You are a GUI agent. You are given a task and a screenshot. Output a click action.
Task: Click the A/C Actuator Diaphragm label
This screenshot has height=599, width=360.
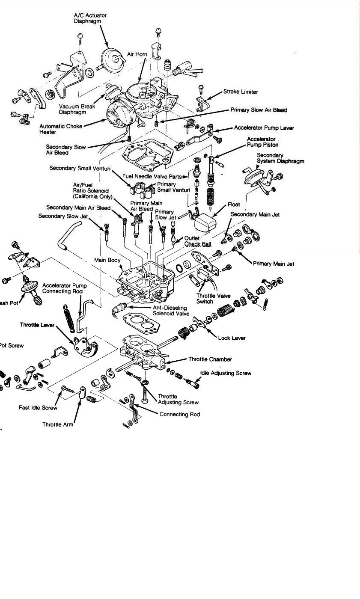90,18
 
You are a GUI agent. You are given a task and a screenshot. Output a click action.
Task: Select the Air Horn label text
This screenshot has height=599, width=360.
137,54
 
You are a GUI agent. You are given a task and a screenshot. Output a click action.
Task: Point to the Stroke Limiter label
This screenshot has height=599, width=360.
241,92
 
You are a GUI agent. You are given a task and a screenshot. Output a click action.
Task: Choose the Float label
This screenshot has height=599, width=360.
234,205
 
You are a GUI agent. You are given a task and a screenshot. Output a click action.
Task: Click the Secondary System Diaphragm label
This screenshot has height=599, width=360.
280,158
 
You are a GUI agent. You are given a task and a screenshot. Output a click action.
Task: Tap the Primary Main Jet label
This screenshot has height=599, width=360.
274,264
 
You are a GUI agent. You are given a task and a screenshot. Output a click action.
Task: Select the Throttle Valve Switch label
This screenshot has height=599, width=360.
213,298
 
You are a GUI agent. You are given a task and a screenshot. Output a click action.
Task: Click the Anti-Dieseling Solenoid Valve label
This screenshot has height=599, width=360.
170,311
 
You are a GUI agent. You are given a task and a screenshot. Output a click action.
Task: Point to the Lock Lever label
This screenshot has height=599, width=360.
232,338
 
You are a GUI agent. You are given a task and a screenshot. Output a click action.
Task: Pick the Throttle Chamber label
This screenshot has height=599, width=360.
210,359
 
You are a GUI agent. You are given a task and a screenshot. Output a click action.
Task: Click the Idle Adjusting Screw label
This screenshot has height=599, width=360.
226,373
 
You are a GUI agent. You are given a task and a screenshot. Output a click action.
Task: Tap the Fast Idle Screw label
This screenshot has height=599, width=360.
38,408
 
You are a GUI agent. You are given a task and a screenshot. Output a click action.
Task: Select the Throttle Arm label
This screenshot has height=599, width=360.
57,424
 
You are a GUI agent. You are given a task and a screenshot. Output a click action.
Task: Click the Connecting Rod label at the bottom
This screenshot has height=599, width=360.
179,414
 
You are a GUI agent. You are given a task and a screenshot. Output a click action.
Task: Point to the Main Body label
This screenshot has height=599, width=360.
107,260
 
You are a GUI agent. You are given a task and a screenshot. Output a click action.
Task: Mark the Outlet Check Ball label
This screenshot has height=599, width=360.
198,241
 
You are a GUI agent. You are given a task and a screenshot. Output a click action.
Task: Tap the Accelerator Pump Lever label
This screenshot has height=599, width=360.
264,128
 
